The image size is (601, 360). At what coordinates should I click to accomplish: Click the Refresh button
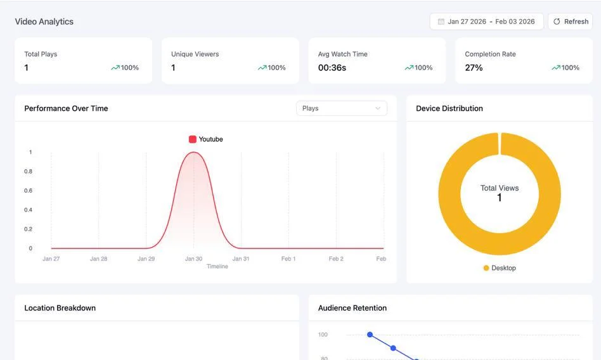(570, 22)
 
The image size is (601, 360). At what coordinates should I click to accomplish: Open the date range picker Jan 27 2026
(486, 22)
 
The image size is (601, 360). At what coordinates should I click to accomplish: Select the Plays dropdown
(341, 108)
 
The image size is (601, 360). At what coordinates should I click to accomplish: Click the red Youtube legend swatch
(193, 139)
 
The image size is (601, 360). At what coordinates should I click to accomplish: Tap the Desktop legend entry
(500, 268)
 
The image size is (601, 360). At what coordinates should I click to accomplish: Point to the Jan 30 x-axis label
(193, 259)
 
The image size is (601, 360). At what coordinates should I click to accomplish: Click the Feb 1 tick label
(288, 259)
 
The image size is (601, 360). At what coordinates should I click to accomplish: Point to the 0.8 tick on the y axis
(29, 171)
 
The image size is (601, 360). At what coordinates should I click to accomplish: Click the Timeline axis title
(217, 266)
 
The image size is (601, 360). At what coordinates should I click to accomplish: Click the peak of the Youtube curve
(193, 152)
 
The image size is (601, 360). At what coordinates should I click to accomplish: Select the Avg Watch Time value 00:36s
(332, 68)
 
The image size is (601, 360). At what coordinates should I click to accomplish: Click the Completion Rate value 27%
(474, 68)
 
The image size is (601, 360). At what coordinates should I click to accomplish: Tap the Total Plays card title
(41, 54)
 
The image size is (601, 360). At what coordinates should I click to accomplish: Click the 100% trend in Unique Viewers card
(272, 68)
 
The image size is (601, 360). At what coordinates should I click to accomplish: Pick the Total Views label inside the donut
(500, 188)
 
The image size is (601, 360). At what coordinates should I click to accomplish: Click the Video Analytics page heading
(44, 22)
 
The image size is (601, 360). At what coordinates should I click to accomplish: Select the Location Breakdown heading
(60, 308)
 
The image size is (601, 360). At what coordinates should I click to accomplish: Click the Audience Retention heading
(352, 308)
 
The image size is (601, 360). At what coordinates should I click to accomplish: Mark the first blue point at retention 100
(370, 335)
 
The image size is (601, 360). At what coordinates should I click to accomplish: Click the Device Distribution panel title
(449, 108)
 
